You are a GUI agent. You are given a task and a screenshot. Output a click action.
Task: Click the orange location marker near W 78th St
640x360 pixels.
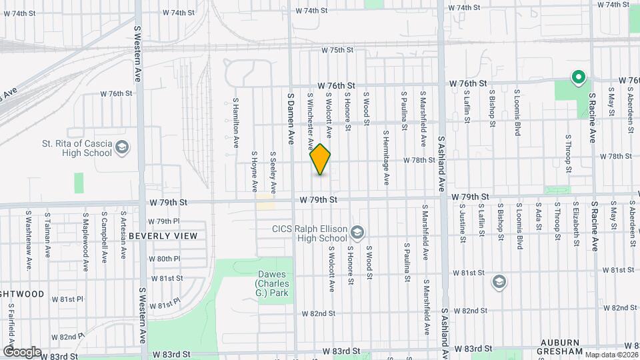point(321,159)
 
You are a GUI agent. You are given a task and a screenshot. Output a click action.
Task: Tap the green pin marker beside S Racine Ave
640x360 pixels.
point(578,78)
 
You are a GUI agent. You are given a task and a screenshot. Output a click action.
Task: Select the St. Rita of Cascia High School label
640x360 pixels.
point(76,148)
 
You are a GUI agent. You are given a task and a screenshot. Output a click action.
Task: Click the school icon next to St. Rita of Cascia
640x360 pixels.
point(122,147)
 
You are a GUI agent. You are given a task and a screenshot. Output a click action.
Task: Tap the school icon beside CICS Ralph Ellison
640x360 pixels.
point(357,232)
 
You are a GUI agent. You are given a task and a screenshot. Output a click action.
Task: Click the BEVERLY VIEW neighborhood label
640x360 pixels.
point(163,236)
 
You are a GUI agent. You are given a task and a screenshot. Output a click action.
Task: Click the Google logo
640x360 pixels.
point(21,351)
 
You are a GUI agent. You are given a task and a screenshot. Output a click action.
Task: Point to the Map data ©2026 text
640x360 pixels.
point(610,355)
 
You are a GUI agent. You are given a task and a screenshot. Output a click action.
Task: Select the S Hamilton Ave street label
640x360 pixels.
point(235,123)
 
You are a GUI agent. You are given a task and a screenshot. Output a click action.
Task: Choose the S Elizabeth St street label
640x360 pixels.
point(575,227)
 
